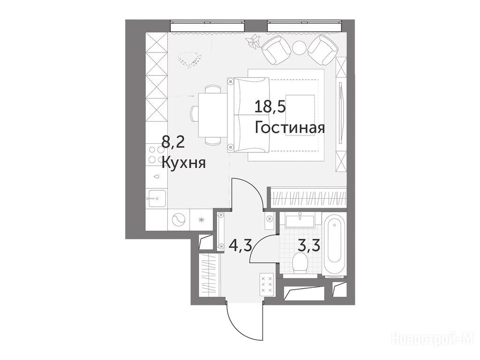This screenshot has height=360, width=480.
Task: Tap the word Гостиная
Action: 290,128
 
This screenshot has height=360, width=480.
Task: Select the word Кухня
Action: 184,163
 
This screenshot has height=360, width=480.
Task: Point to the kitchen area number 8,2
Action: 173,142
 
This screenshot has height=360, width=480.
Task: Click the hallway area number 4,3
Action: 240,246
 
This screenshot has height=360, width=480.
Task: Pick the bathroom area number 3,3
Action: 309,246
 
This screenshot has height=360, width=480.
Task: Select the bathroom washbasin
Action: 300,221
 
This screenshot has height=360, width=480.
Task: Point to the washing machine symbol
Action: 179,219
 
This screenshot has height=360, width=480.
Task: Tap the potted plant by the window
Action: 254,41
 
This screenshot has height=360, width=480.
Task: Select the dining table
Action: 213,116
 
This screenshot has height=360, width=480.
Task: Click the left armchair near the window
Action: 277,50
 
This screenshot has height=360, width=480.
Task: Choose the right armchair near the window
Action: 323,50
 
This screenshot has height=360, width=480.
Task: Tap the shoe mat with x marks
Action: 267,285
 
